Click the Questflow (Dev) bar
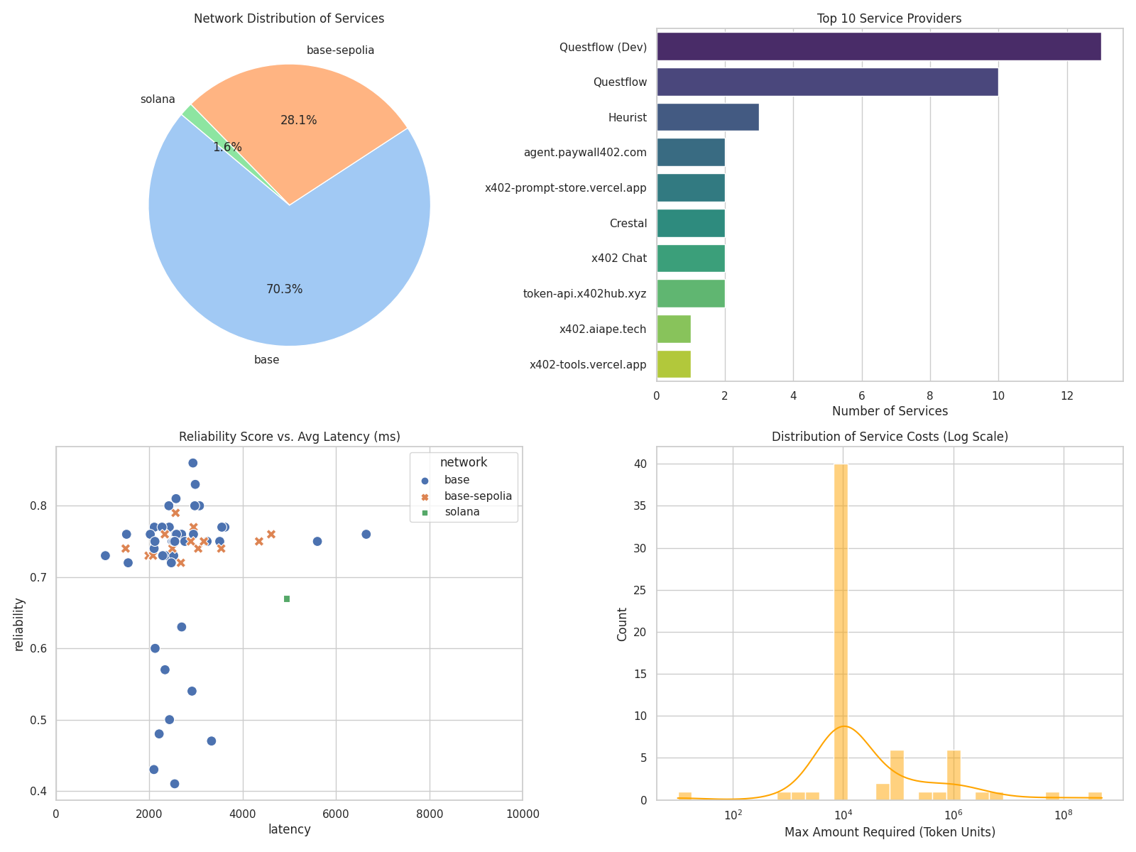pyautogui.click(x=878, y=47)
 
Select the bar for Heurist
pyautogui.click(x=707, y=117)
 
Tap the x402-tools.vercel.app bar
pyautogui.click(x=673, y=364)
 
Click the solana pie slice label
pyautogui.click(x=158, y=99)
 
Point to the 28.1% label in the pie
pyautogui.click(x=298, y=121)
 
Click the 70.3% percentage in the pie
pyautogui.click(x=284, y=290)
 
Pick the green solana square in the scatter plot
pyautogui.click(x=287, y=599)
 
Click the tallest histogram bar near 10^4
pyautogui.click(x=841, y=632)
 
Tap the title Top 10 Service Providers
pyautogui.click(x=890, y=18)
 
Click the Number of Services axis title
pyautogui.click(x=890, y=411)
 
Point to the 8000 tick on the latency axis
pyautogui.click(x=429, y=813)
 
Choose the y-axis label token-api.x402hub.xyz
pyautogui.click(x=584, y=293)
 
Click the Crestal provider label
pyautogui.click(x=628, y=223)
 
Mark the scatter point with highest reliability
pyautogui.click(x=192, y=463)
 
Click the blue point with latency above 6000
pyautogui.click(x=366, y=534)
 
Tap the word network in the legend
pyautogui.click(x=463, y=463)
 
